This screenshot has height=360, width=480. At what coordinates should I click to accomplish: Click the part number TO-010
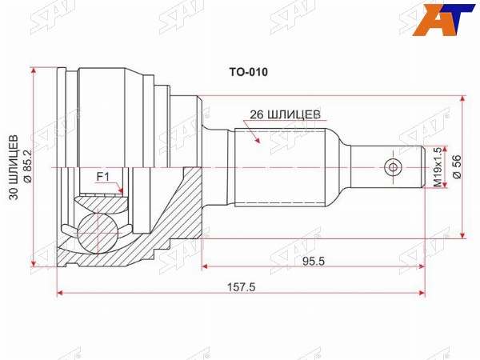point(248,72)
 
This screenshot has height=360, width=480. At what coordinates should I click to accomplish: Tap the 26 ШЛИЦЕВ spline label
point(285,114)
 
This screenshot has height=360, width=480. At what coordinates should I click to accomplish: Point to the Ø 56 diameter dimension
point(456,167)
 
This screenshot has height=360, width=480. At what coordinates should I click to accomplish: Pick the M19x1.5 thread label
point(438,167)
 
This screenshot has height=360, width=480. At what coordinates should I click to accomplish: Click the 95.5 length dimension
point(313,261)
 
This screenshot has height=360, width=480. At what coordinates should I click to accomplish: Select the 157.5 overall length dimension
point(241,287)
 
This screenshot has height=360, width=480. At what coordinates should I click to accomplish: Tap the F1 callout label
point(103,177)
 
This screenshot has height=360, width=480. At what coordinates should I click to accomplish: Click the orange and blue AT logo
point(443,19)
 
